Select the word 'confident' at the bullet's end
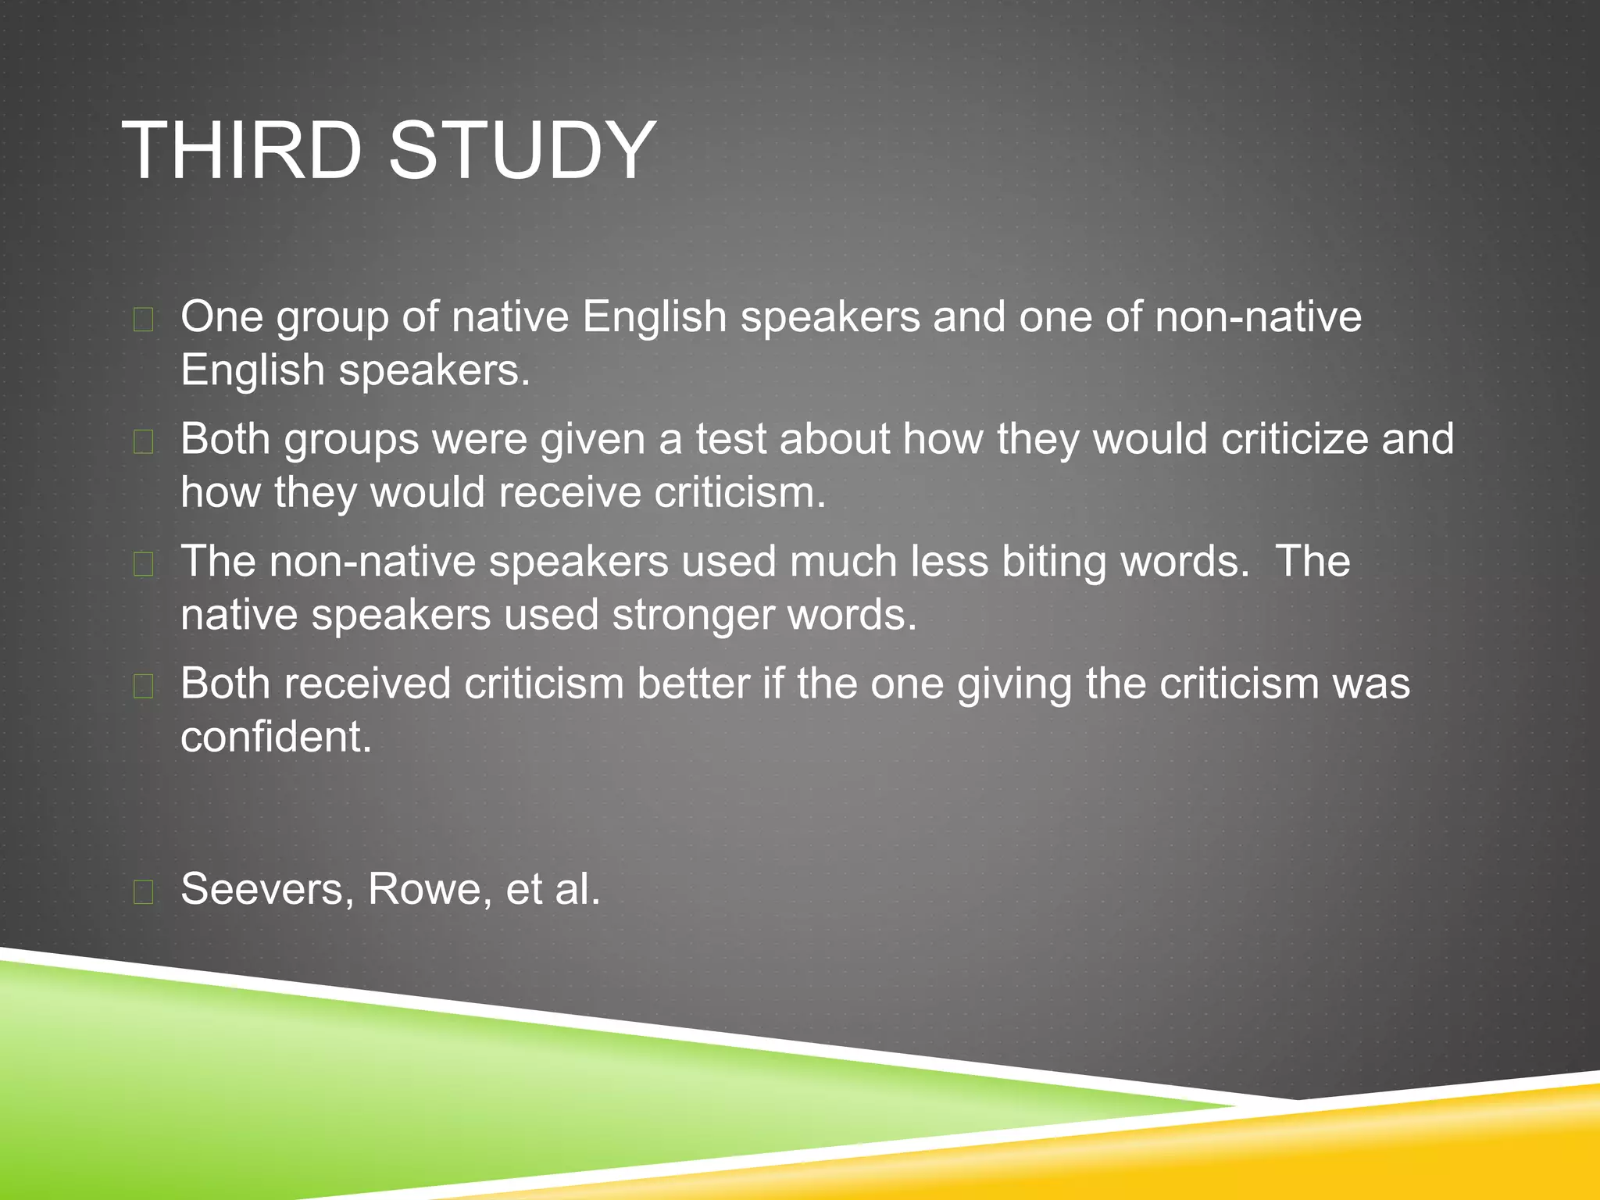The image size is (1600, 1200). tap(276, 737)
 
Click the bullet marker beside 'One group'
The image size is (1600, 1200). tap(143, 320)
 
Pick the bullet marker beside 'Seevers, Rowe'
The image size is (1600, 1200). tap(143, 891)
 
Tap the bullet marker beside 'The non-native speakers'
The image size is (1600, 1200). tap(143, 564)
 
